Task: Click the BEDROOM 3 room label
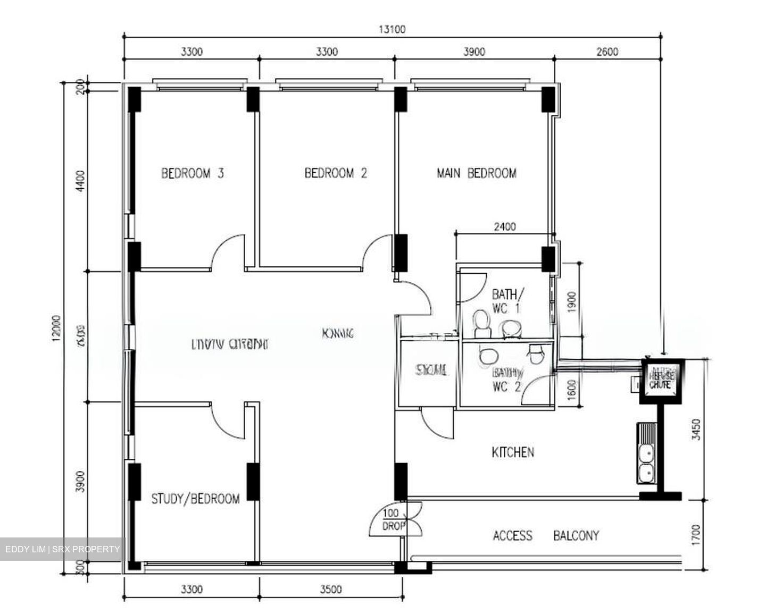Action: pyautogui.click(x=192, y=173)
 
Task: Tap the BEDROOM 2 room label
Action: pyautogui.click(x=336, y=173)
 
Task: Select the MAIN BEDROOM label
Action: pyautogui.click(x=476, y=173)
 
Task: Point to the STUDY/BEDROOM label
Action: pyautogui.click(x=195, y=499)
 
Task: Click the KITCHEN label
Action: pyautogui.click(x=512, y=452)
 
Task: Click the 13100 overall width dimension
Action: pyautogui.click(x=392, y=29)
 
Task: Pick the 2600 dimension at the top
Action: pyautogui.click(x=607, y=52)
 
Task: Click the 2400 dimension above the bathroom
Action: pyautogui.click(x=504, y=226)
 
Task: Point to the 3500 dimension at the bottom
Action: pyautogui.click(x=330, y=589)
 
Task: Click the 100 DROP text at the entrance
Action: pyautogui.click(x=394, y=520)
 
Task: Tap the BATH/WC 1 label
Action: pyautogui.click(x=507, y=301)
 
